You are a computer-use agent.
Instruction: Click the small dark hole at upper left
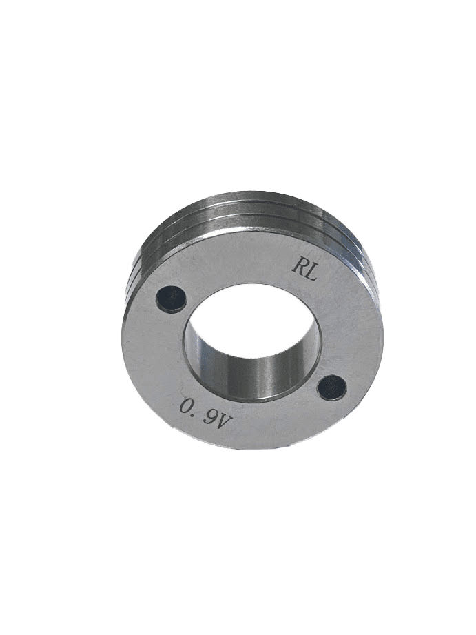click(172, 299)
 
